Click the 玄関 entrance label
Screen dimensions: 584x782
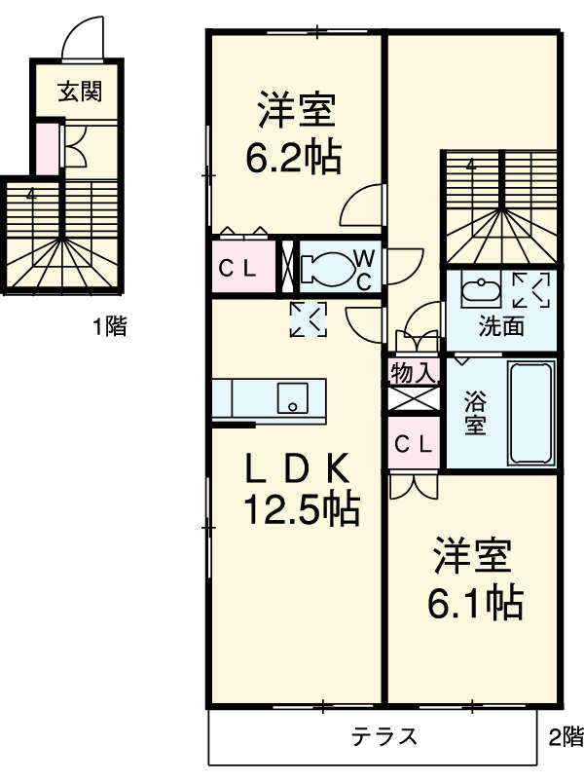pos(80,92)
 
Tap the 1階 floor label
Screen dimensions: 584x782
pos(110,326)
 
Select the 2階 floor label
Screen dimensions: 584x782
pos(566,736)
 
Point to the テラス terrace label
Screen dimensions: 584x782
pos(384,736)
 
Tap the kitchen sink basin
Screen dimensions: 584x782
pos(293,397)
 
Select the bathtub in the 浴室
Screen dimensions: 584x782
pos(531,413)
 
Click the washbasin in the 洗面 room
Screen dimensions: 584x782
pos(482,289)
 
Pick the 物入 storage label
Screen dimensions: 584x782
pos(414,373)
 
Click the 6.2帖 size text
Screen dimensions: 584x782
pos(294,158)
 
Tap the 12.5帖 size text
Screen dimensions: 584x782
pos(301,509)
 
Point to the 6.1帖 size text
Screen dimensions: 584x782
pos(475,603)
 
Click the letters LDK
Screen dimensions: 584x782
pos(298,469)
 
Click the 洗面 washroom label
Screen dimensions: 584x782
pos(501,326)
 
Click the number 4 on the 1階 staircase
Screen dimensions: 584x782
pos(32,195)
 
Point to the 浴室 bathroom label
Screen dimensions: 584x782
pos(475,413)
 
